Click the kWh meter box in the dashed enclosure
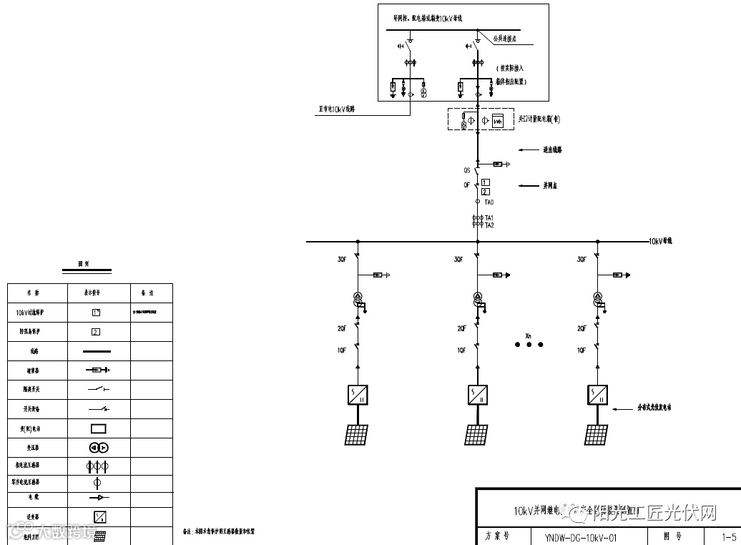[x=499, y=120]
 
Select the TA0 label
[x=489, y=202]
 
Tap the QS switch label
[x=466, y=171]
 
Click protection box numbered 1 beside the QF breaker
[x=486, y=183]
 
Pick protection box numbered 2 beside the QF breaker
[x=486, y=192]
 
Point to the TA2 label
[x=489, y=225]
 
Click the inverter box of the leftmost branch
[x=358, y=394]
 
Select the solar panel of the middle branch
[x=478, y=434]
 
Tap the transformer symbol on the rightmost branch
[x=597, y=299]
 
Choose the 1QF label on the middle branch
[x=462, y=350]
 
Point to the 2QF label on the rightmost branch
[x=582, y=328]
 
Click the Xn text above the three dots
[x=529, y=335]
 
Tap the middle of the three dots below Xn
[x=529, y=345]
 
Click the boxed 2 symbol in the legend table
[x=96, y=331]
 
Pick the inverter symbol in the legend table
[x=99, y=516]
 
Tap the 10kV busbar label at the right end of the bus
[x=659, y=241]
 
